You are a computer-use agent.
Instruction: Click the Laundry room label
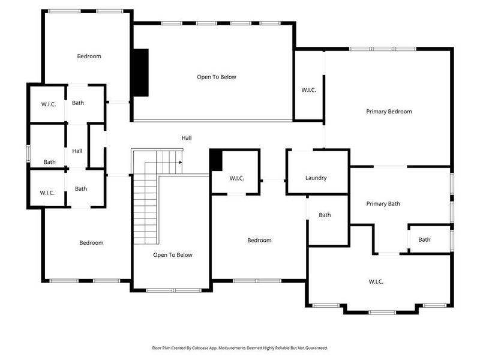point(316,178)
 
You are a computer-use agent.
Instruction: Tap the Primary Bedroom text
point(389,112)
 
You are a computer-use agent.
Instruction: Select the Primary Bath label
point(383,204)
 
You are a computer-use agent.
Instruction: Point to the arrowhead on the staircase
point(181,162)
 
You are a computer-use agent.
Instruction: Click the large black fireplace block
point(140,72)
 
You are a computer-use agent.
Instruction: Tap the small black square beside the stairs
point(216,160)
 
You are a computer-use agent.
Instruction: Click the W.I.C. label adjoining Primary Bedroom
point(308,90)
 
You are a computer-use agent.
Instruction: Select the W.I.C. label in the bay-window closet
point(376,282)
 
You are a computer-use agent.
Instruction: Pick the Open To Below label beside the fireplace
point(217,77)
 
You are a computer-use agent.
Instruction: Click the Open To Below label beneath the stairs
point(172,255)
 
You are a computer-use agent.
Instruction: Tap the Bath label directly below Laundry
point(325,215)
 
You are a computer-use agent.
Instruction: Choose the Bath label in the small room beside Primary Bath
point(424,240)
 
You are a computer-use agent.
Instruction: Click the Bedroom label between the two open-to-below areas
point(259,241)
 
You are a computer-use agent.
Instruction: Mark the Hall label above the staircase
point(187,138)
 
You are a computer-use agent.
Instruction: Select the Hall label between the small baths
point(77,151)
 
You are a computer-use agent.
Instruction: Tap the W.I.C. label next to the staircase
point(236,178)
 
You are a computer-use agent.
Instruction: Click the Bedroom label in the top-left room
point(89,56)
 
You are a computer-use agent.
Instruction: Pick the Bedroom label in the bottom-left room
point(91,243)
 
